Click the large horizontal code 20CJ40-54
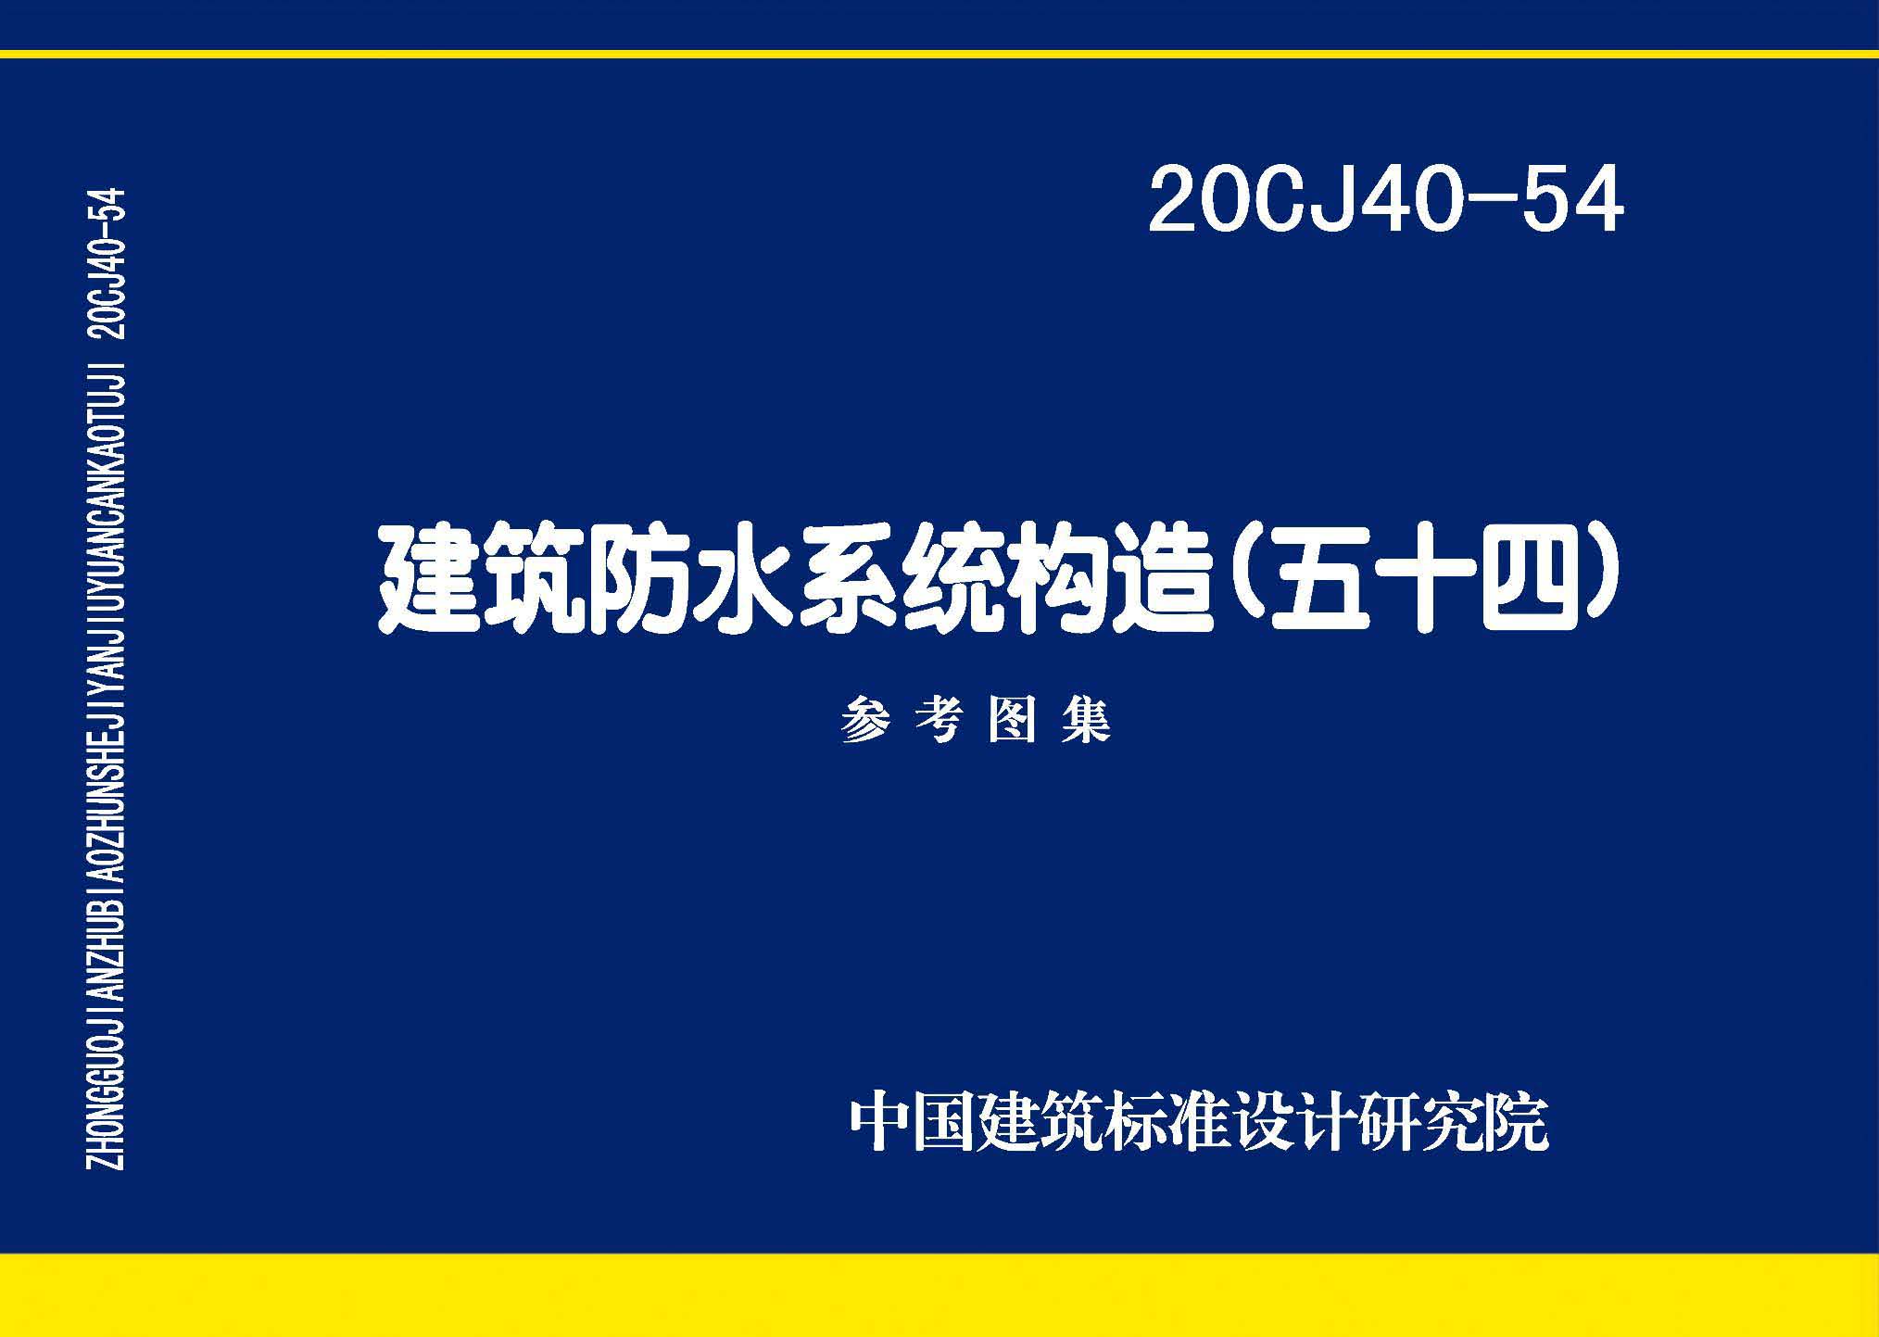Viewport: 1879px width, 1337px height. coord(1385,199)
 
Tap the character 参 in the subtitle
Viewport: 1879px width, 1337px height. coord(865,720)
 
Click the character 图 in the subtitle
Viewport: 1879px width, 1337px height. coord(1012,720)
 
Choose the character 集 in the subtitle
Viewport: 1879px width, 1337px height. coord(1085,720)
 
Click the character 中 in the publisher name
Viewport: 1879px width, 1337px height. coord(879,1123)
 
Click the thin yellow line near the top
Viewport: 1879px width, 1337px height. coord(939,54)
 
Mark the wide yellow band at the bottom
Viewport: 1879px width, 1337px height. coord(939,1294)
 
